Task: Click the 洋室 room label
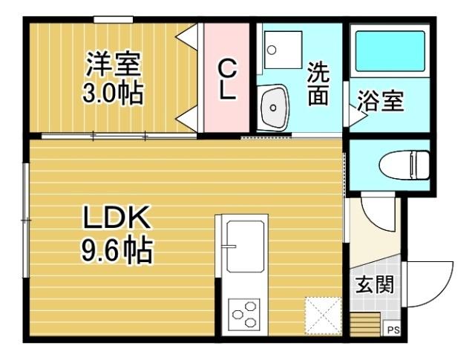click(112, 64)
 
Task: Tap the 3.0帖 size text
click(112, 94)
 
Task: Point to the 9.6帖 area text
click(117, 252)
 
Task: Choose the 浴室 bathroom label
click(380, 102)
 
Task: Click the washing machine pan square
click(284, 49)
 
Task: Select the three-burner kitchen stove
click(245, 315)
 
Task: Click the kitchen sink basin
click(244, 246)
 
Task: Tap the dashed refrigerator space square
click(323, 315)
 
